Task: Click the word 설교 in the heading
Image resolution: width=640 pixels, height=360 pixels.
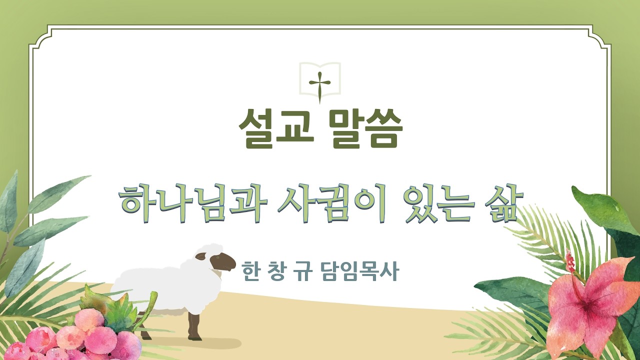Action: coord(274,129)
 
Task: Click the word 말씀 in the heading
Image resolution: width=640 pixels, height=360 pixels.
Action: coord(366,129)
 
